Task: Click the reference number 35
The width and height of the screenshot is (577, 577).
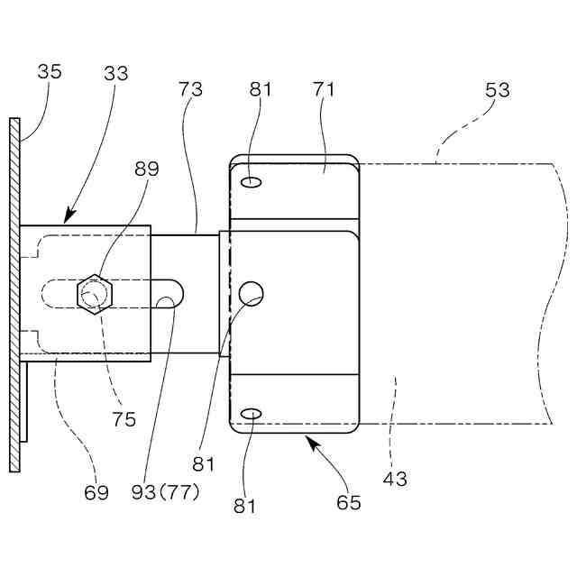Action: pyautogui.click(x=50, y=71)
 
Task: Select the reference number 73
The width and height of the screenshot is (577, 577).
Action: pyautogui.click(x=190, y=89)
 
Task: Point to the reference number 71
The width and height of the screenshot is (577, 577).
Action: pyautogui.click(x=324, y=89)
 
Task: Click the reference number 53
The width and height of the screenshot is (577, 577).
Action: pyautogui.click(x=497, y=89)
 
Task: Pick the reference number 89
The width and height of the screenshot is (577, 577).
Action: pyautogui.click(x=146, y=168)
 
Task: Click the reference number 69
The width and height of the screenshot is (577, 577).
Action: pyautogui.click(x=96, y=492)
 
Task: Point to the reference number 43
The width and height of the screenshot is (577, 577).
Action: pyautogui.click(x=394, y=479)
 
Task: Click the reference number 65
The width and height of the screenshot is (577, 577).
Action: pyautogui.click(x=348, y=502)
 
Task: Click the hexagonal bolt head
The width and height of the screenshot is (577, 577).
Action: pyautogui.click(x=94, y=294)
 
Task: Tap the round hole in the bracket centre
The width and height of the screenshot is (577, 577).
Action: pyautogui.click(x=252, y=292)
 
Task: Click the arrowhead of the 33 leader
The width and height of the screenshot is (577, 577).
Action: pyautogui.click(x=68, y=217)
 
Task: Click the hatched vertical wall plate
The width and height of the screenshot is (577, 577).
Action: pyautogui.click(x=14, y=294)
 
